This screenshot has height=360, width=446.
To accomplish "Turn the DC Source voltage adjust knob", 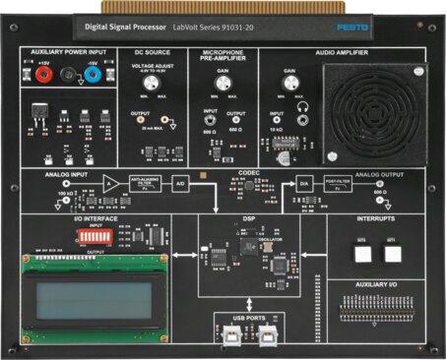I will point(155,84).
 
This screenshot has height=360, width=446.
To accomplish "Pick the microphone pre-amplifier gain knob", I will point(222,85).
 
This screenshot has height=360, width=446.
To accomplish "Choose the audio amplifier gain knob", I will point(289,85).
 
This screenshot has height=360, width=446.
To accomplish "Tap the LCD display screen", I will point(98,294).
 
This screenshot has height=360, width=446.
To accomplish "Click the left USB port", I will point(232,336).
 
